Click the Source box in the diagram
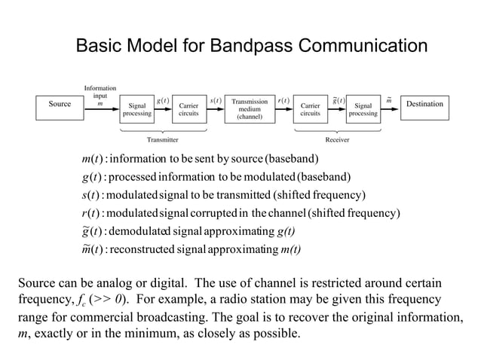[60, 105]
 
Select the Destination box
[424, 105]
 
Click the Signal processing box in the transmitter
[137, 110]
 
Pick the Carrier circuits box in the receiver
[310, 110]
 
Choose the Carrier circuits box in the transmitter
[188, 110]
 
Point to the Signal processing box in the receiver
[363, 110]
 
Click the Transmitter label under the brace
[162, 140]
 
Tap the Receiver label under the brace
[336, 140]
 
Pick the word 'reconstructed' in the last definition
[142, 249]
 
